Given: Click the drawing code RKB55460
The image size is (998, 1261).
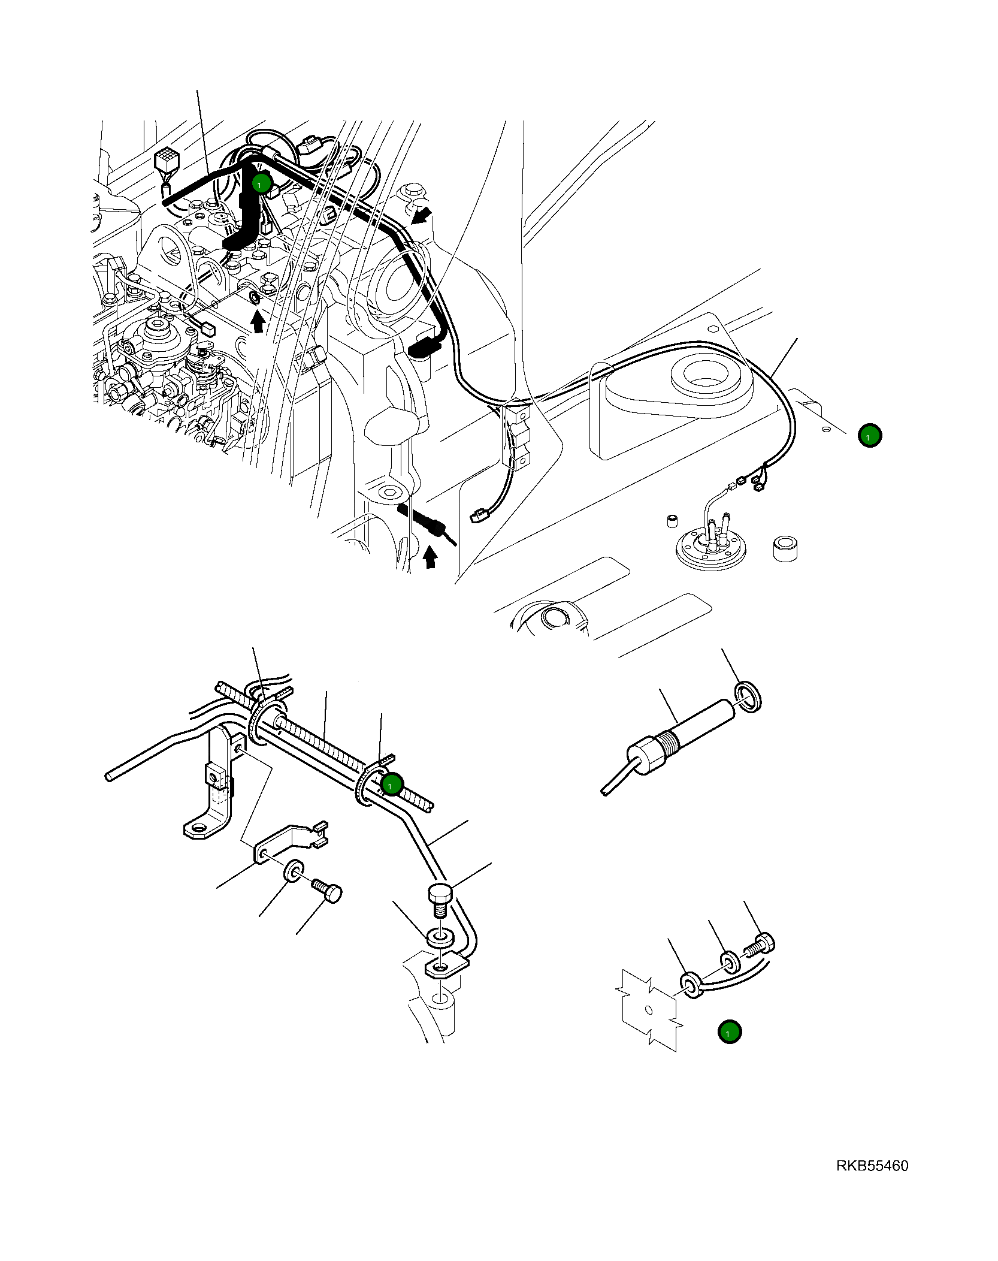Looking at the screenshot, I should (872, 1166).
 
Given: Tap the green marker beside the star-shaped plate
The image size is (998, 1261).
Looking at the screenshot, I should (729, 1032).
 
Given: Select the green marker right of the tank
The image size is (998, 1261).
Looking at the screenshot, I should (869, 436).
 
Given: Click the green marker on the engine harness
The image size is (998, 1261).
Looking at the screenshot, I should (262, 183).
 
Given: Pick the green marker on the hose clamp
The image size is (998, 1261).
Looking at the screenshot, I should (392, 784).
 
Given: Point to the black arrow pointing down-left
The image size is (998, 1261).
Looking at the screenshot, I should (422, 215).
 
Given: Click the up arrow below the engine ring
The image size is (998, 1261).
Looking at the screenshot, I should (258, 322).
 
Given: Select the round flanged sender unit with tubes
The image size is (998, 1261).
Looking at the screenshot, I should (710, 548).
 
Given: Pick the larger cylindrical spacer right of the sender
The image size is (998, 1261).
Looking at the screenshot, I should (785, 548).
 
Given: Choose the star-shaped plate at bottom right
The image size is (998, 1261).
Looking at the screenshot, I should (649, 1010).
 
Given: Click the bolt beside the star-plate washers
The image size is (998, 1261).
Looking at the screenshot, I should (760, 946).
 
